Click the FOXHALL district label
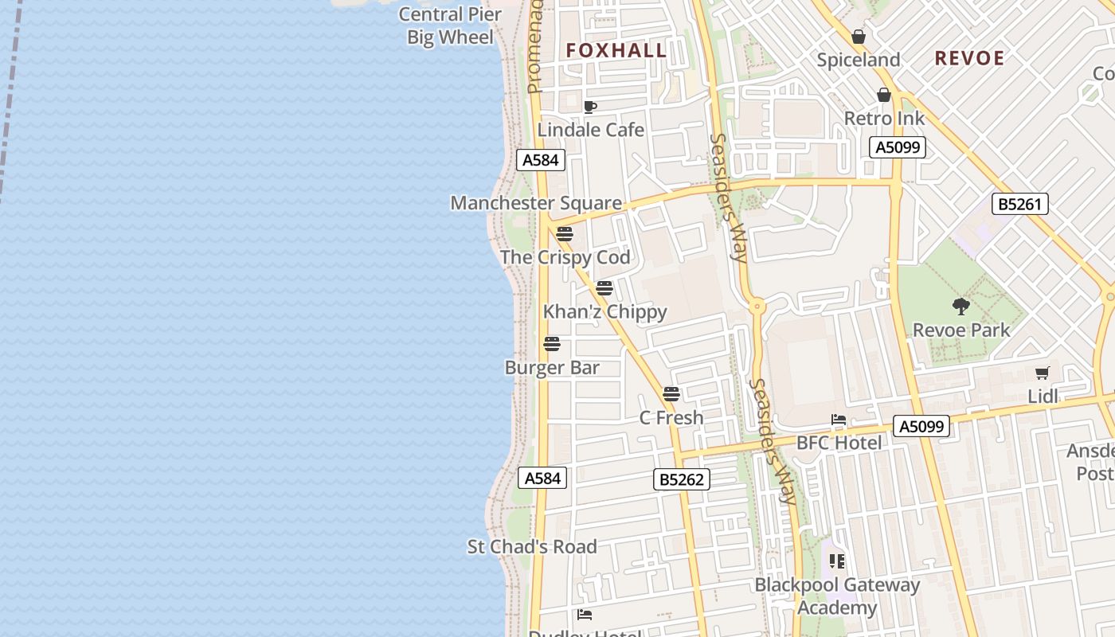pyautogui.click(x=616, y=51)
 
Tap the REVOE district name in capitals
pyautogui.click(x=969, y=58)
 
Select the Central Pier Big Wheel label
pyautogui.click(x=450, y=25)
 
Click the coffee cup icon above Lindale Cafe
pyautogui.click(x=590, y=107)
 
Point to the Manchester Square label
pyautogui.click(x=536, y=203)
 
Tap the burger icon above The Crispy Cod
pyautogui.click(x=565, y=234)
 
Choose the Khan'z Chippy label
pyautogui.click(x=605, y=311)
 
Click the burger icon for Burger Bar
pyautogui.click(x=552, y=344)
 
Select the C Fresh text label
pyautogui.click(x=671, y=417)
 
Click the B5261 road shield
pyautogui.click(x=1020, y=204)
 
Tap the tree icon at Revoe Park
pyautogui.click(x=961, y=307)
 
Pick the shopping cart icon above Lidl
pyautogui.click(x=1042, y=373)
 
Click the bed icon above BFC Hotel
pyautogui.click(x=838, y=420)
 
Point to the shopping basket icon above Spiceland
pyautogui.click(x=859, y=37)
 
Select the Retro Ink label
pyautogui.click(x=884, y=119)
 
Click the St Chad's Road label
pyautogui.click(x=532, y=547)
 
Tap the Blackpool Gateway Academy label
pyautogui.click(x=837, y=596)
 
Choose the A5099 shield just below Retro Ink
pyautogui.click(x=898, y=147)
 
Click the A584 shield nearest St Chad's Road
pyautogui.click(x=542, y=478)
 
